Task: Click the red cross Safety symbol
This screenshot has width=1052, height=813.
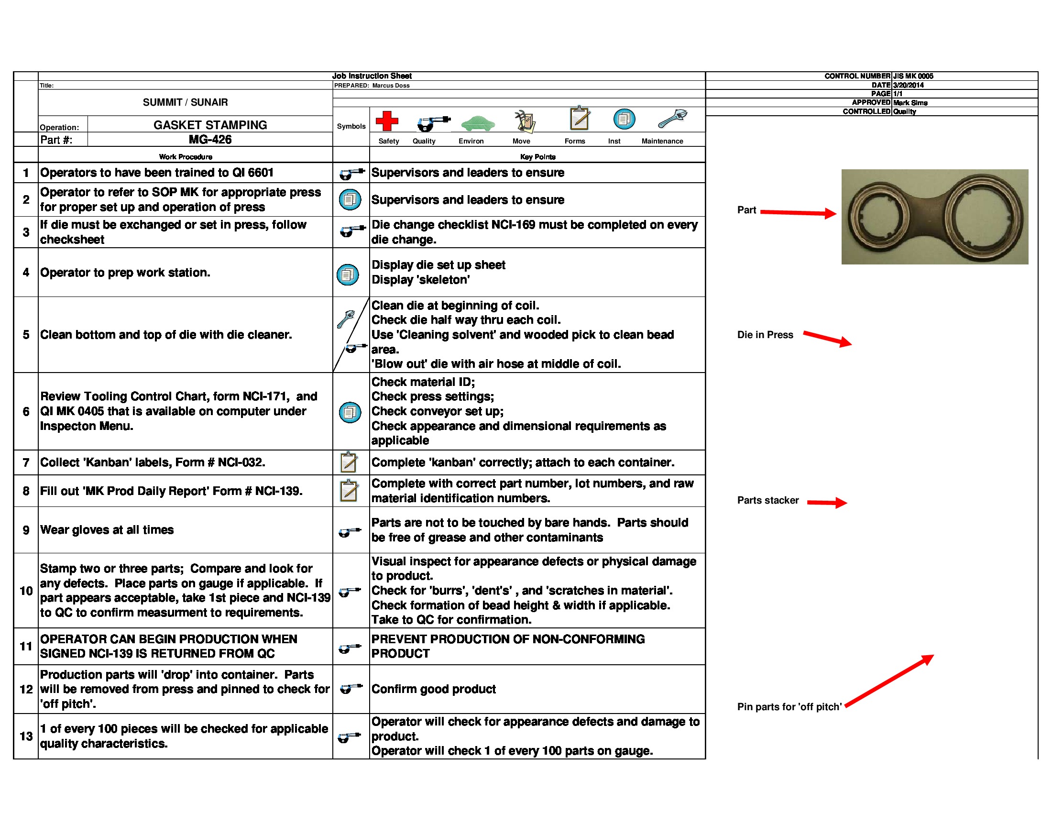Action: pyautogui.click(x=386, y=121)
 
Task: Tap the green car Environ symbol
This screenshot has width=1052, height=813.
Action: pyautogui.click(x=477, y=123)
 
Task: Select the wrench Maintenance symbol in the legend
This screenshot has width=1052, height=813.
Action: pyautogui.click(x=672, y=119)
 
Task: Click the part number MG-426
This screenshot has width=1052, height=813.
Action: pyautogui.click(x=209, y=140)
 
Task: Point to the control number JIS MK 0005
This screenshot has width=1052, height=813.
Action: pyautogui.click(x=913, y=76)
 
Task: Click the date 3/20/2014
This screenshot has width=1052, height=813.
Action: pyautogui.click(x=908, y=85)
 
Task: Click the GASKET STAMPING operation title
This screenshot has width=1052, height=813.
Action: pyautogui.click(x=209, y=125)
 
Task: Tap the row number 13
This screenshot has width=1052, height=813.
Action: pyautogui.click(x=26, y=736)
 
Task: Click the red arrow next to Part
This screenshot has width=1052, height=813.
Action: pyautogui.click(x=798, y=212)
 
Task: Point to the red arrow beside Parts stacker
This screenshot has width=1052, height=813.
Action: pyautogui.click(x=827, y=502)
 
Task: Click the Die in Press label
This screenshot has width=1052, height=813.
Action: pyautogui.click(x=765, y=335)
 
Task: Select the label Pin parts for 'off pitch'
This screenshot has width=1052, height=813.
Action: pyautogui.click(x=789, y=706)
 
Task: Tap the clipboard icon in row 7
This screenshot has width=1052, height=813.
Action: pyautogui.click(x=349, y=462)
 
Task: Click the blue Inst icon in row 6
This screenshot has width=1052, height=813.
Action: pyautogui.click(x=350, y=412)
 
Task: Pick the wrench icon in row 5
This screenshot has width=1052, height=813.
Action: pyautogui.click(x=346, y=319)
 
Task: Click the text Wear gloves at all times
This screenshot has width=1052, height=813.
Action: pyautogui.click(x=107, y=530)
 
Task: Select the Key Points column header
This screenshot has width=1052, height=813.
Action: pyautogui.click(x=537, y=156)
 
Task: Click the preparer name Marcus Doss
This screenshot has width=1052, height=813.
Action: pyautogui.click(x=391, y=86)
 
